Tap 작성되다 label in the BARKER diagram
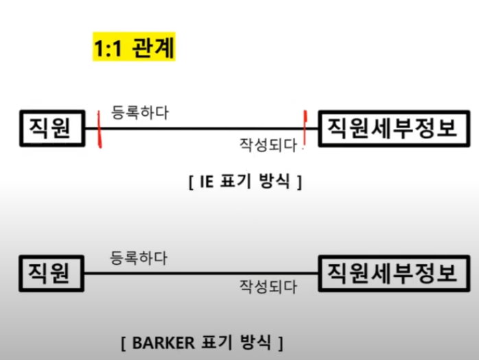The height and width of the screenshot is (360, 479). [268, 287]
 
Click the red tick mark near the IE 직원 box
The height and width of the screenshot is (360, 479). [100, 130]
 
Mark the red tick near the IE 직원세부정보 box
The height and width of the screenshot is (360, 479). [303, 125]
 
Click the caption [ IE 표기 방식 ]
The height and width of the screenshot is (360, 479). [244, 182]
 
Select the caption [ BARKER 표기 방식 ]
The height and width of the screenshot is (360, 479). [200, 341]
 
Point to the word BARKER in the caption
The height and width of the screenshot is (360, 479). [159, 341]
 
